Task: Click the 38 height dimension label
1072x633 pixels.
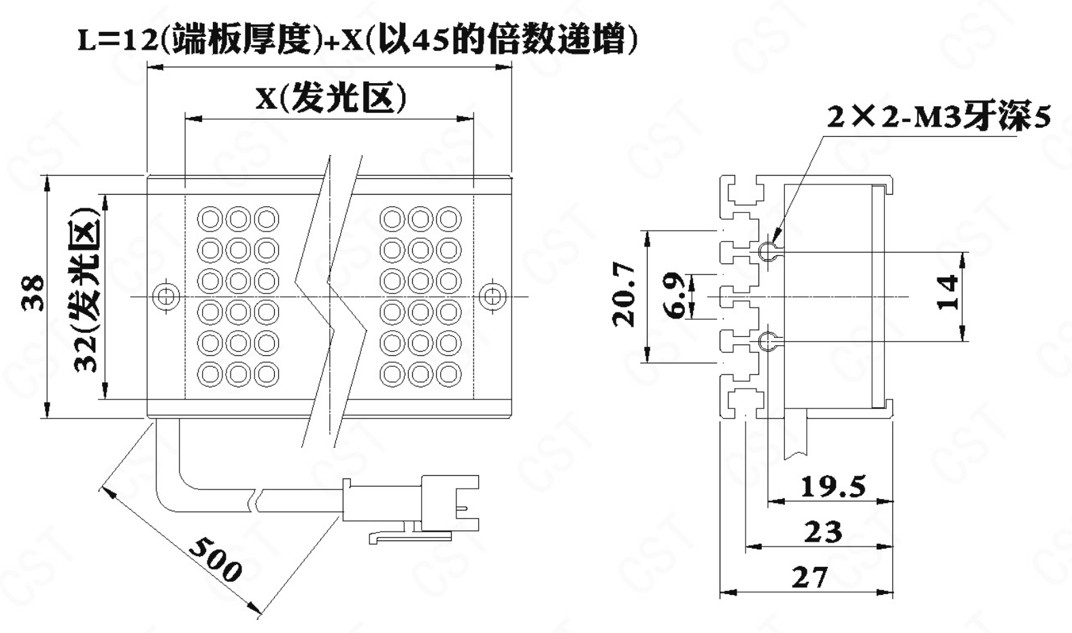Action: click(33, 293)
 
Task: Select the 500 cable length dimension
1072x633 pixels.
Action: click(215, 559)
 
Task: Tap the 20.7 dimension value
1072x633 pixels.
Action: click(624, 295)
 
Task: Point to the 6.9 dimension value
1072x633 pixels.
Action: click(674, 295)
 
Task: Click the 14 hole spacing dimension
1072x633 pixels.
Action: click(948, 292)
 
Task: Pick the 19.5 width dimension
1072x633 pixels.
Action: click(833, 487)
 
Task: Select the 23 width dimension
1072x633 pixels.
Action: click(822, 532)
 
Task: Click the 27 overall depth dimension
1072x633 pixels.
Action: click(810, 577)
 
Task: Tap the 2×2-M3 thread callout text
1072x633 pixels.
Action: click(938, 117)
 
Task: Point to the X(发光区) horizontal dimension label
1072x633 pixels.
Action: click(331, 99)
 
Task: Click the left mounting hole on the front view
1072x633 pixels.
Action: click(165, 296)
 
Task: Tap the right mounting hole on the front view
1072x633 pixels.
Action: click(492, 295)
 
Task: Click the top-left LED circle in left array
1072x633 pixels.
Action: click(210, 219)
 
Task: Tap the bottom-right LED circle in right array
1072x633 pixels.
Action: click(449, 373)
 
